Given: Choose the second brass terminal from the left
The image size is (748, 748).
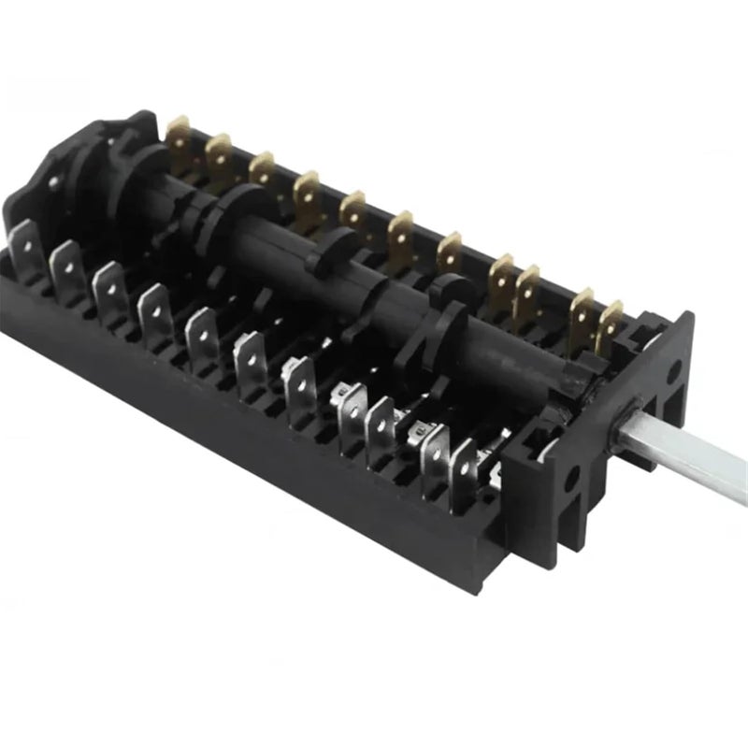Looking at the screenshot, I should click(x=220, y=155).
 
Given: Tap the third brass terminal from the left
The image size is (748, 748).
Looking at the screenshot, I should click(x=262, y=172).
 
